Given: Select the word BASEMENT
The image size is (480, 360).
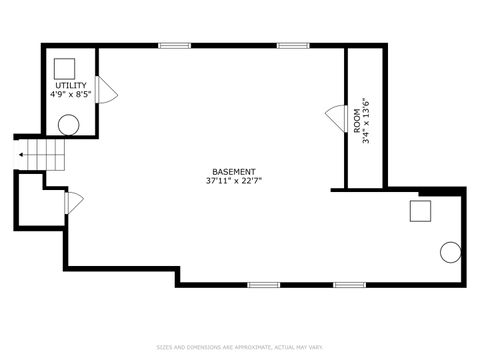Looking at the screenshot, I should coord(234,171).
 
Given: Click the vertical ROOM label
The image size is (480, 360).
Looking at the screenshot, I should coord(357,120).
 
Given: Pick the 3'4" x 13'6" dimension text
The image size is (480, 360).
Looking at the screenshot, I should coord(367,120).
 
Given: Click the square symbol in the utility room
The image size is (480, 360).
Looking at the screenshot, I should coord(66,66).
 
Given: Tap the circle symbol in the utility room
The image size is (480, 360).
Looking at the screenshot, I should coord(68,125).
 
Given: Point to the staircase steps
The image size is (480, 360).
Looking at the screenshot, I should coord(43,155).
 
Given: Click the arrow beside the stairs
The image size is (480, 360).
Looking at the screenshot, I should coord(21,156).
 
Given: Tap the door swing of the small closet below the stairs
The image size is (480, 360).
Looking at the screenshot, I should coord(72,202).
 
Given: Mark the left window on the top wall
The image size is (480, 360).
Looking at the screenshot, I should coord(174,45).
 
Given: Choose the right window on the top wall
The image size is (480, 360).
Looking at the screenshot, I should coord(292,45).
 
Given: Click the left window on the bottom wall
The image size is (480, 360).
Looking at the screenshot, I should coord(263,285).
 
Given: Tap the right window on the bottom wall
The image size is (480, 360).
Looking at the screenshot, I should coord(348,285).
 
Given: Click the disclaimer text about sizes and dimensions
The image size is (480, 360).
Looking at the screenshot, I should coord(240,347).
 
